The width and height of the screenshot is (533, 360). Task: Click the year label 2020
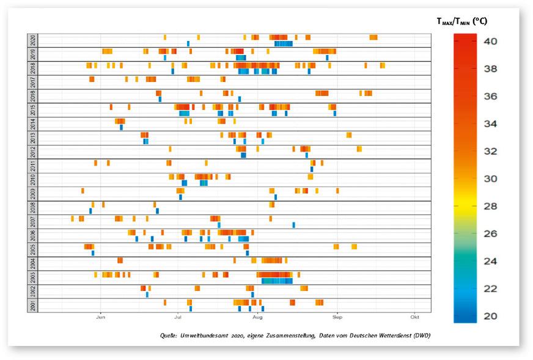tap(32, 40)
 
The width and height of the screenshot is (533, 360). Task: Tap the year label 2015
tap(32, 110)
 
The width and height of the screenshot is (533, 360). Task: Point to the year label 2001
tap(32, 305)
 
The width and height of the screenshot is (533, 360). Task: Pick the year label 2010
tap(32, 180)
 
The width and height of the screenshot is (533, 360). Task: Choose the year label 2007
tap(32, 221)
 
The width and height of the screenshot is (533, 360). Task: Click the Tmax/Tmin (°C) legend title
tap(461, 21)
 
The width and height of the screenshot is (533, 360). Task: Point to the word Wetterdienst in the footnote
tap(402, 336)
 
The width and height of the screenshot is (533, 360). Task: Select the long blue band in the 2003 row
tap(277, 281)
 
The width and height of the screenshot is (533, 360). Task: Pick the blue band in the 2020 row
tap(284, 44)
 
